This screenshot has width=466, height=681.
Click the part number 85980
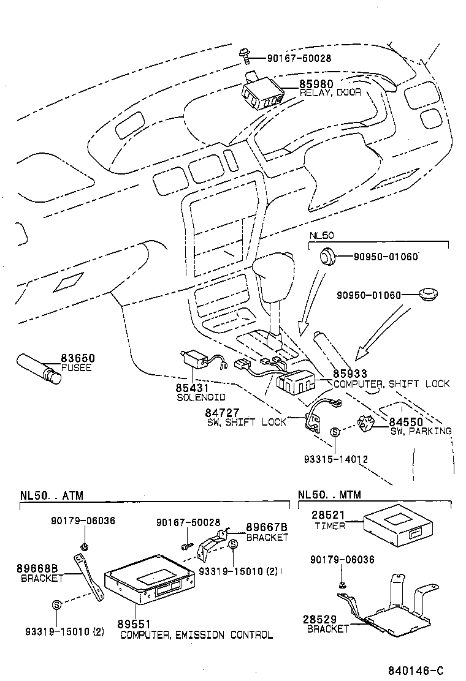(x=316, y=84)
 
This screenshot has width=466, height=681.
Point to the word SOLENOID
(x=201, y=397)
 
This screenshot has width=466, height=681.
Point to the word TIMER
(x=330, y=526)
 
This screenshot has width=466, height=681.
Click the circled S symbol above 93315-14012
(x=335, y=432)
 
